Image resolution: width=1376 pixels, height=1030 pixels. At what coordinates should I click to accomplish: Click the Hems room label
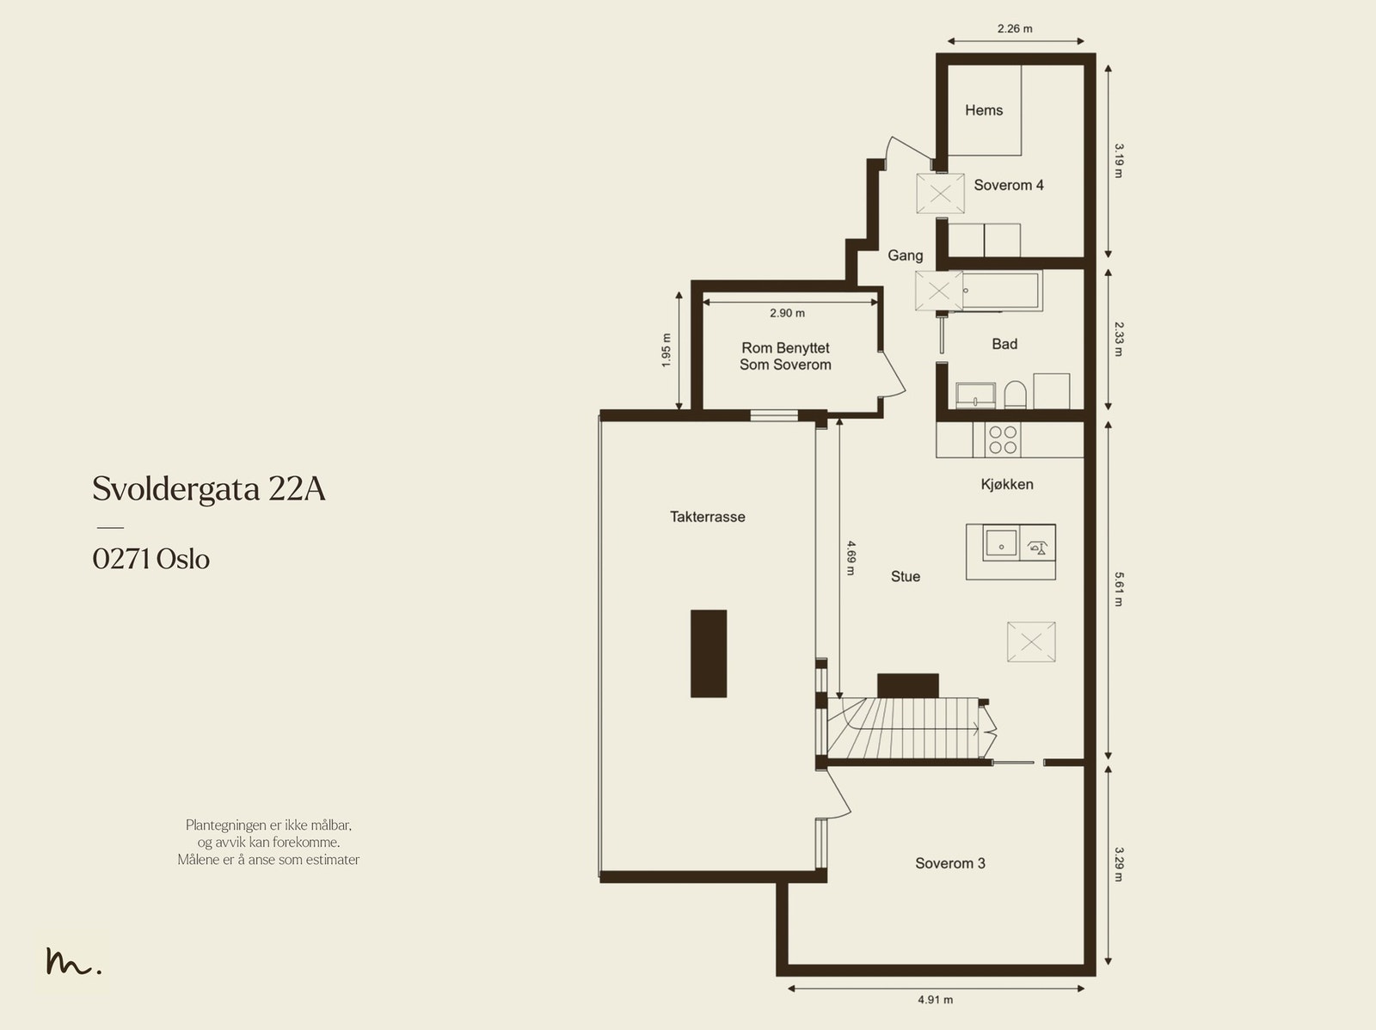[984, 110]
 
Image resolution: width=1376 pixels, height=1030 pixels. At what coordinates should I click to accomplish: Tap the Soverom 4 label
[1009, 185]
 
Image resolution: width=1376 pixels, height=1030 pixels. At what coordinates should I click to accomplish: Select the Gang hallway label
[906, 255]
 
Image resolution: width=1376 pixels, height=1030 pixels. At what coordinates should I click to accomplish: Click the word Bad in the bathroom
[1004, 344]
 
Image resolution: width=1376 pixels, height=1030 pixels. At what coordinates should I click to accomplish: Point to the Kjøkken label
[1007, 484]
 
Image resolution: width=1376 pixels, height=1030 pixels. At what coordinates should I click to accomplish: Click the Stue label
[906, 576]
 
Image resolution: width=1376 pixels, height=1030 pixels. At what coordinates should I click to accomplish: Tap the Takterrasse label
[707, 517]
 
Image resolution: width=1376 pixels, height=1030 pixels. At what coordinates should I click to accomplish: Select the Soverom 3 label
[949, 863]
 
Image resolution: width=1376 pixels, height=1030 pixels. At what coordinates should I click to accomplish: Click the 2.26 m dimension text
[1015, 29]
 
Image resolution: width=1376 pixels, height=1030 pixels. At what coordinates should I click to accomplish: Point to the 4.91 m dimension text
[936, 1000]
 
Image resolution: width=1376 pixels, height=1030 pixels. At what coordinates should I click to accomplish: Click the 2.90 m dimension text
[788, 313]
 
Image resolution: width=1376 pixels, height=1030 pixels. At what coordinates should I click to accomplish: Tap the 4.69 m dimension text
[851, 558]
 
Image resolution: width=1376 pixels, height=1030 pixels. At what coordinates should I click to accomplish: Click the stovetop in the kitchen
[1003, 440]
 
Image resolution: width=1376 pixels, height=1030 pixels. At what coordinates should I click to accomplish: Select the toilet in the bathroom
[1014, 395]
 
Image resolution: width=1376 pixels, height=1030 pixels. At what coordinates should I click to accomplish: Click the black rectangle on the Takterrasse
[709, 653]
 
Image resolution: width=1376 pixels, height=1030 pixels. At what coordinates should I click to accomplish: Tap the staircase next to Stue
[903, 728]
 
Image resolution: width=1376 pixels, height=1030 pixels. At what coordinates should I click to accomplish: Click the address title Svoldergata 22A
[209, 489]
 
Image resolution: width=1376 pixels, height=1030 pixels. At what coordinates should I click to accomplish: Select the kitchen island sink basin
[1001, 543]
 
